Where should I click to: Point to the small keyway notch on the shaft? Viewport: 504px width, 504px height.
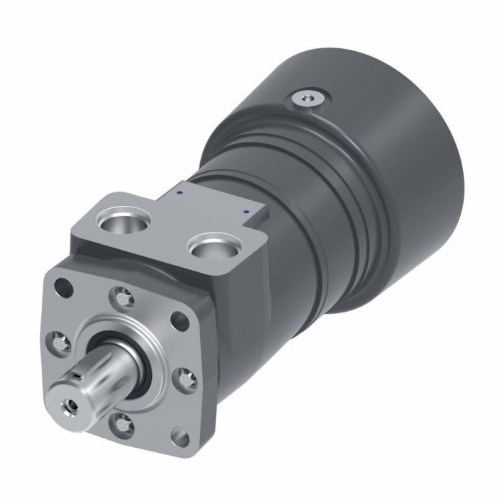76,376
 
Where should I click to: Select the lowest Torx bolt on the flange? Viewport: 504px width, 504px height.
122,423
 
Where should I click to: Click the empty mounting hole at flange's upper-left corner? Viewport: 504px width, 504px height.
63,287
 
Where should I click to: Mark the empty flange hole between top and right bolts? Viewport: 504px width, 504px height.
176,321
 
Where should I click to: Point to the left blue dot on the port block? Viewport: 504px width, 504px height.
180,193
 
